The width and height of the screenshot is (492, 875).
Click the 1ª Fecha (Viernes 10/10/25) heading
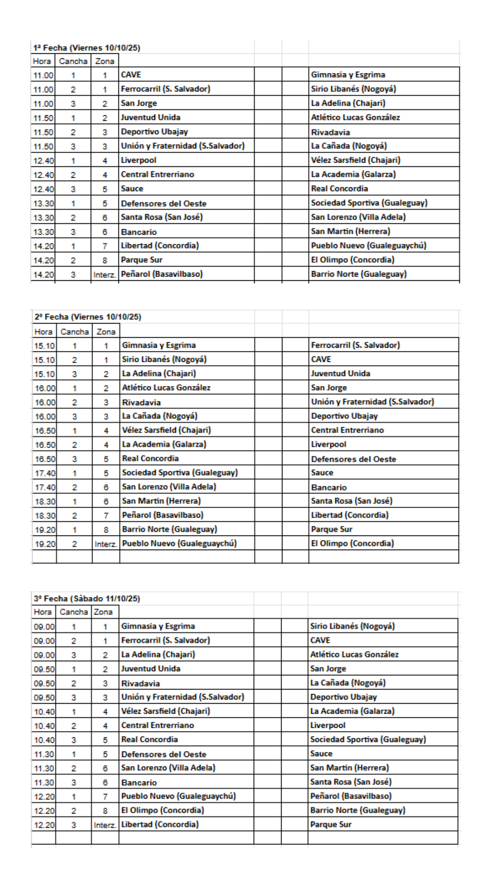click(87, 48)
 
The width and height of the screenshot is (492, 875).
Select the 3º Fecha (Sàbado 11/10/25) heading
click(87, 598)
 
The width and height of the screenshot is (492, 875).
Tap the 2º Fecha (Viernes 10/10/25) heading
click(88, 317)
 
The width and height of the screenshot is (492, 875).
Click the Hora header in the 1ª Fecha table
click(42, 61)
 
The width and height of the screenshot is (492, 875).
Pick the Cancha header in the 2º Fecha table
click(75, 332)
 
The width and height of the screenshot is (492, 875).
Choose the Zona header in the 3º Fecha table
click(103, 612)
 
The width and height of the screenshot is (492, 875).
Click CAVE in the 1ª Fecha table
click(131, 75)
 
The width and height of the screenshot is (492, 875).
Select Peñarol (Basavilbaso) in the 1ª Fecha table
click(162, 274)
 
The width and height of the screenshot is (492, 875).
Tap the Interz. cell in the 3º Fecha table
click(105, 825)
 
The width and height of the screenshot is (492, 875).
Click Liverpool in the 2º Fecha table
click(328, 444)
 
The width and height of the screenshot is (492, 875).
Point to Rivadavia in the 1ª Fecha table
click(330, 132)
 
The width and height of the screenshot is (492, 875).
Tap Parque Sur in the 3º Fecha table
click(331, 824)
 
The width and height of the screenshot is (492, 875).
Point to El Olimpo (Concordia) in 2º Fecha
click(352, 543)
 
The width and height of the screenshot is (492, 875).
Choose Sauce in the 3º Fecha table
click(321, 754)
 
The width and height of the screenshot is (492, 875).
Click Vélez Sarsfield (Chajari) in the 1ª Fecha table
click(355, 160)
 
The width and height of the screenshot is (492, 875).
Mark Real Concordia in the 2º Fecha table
click(150, 458)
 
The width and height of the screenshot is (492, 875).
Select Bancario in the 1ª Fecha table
click(139, 232)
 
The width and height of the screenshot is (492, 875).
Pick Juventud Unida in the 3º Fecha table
click(151, 669)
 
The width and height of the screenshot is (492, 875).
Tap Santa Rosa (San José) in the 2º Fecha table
click(351, 501)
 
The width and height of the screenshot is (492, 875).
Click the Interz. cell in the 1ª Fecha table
click(105, 274)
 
